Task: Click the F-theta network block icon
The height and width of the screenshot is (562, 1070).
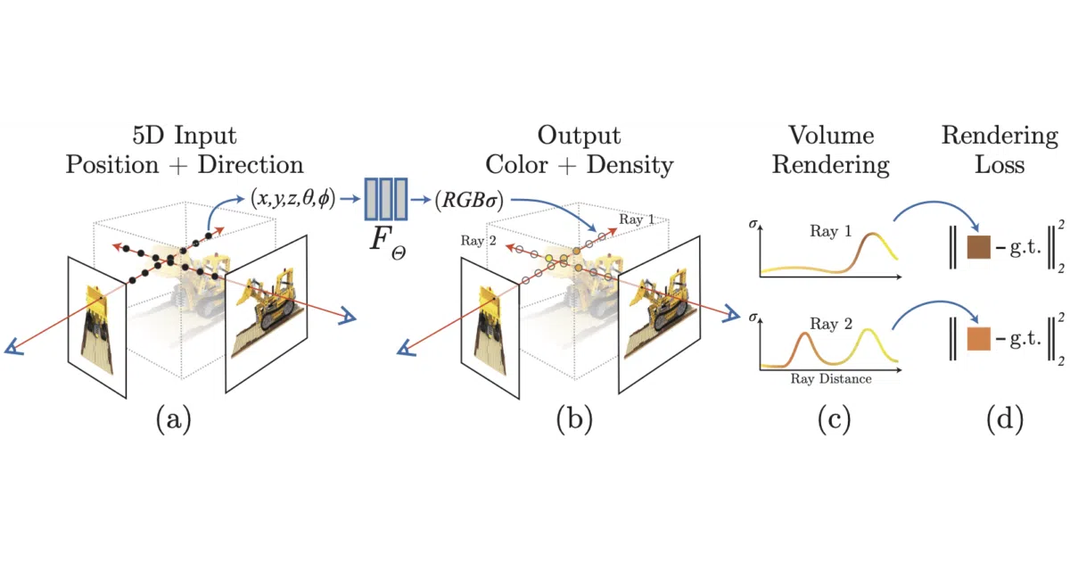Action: click(x=386, y=199)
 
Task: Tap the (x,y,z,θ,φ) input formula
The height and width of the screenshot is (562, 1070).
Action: click(x=292, y=198)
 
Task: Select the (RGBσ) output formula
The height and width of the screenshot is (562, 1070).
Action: click(x=470, y=200)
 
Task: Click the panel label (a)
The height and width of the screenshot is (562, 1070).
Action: click(x=173, y=419)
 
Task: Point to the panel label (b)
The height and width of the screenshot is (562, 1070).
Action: click(x=574, y=419)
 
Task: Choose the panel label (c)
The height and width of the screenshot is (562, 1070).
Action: click(x=834, y=419)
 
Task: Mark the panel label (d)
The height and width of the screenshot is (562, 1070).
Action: click(x=1005, y=419)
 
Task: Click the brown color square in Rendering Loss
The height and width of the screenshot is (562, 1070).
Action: click(x=979, y=247)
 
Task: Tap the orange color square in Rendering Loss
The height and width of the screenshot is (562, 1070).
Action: click(x=979, y=339)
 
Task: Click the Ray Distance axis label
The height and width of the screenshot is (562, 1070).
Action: click(x=831, y=379)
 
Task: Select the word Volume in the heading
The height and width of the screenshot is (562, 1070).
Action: click(x=831, y=136)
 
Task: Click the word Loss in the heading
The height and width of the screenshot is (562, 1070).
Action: click(x=1000, y=165)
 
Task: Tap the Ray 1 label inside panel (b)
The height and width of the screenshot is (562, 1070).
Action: click(x=637, y=219)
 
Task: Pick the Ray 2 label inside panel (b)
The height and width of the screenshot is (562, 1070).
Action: click(x=478, y=240)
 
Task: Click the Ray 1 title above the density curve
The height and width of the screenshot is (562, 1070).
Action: click(x=831, y=231)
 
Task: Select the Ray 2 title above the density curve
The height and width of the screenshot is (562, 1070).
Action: click(x=831, y=324)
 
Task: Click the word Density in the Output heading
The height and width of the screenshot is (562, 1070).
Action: click(x=630, y=166)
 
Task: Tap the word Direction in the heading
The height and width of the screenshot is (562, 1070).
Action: click(x=251, y=165)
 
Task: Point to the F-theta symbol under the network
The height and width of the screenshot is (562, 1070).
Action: click(x=388, y=243)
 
